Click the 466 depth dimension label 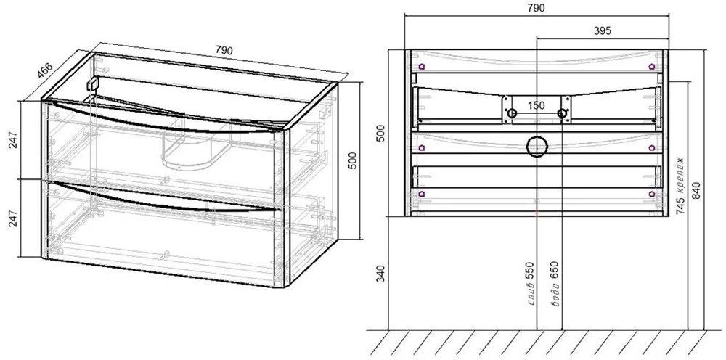[45, 70]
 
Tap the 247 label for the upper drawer [13, 139]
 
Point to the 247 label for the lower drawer [13, 218]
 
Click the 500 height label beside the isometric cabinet [352, 160]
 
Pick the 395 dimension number [602, 30]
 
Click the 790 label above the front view [537, 8]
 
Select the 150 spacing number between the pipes [537, 105]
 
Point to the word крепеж [681, 174]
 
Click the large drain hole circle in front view [537, 137]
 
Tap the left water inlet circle [512, 113]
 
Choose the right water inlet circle [562, 113]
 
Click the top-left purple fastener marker [421, 66]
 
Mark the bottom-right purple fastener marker [651, 194]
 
